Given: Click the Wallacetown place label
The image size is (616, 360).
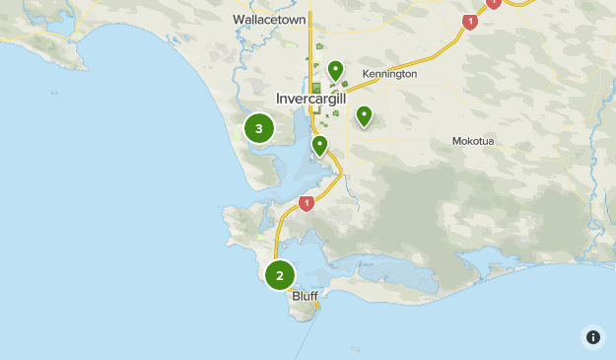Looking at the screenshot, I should (x=269, y=20).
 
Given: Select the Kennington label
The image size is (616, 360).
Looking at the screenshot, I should (x=389, y=74).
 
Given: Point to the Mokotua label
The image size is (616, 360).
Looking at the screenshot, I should (x=472, y=141).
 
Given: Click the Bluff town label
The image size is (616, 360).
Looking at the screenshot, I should (x=305, y=296).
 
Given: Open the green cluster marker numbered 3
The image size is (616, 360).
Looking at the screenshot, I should (x=259, y=128).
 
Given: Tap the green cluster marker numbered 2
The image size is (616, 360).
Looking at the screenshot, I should (x=280, y=275).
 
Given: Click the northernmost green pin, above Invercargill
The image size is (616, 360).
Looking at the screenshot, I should (x=335, y=69).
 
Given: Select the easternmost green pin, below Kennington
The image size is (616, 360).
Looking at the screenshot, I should (x=364, y=115).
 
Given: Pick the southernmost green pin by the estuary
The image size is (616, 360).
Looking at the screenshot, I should (x=319, y=145).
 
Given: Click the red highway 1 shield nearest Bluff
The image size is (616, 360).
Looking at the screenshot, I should (x=306, y=203).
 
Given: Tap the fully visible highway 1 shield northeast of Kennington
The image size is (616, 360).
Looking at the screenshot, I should (x=470, y=21).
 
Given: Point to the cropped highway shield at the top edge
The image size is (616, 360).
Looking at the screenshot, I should (x=493, y=3).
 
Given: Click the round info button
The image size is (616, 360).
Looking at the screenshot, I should (x=592, y=336).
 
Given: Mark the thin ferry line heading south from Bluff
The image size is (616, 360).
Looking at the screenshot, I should (x=305, y=335).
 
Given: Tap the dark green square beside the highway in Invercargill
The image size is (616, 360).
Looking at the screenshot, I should (x=316, y=88).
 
